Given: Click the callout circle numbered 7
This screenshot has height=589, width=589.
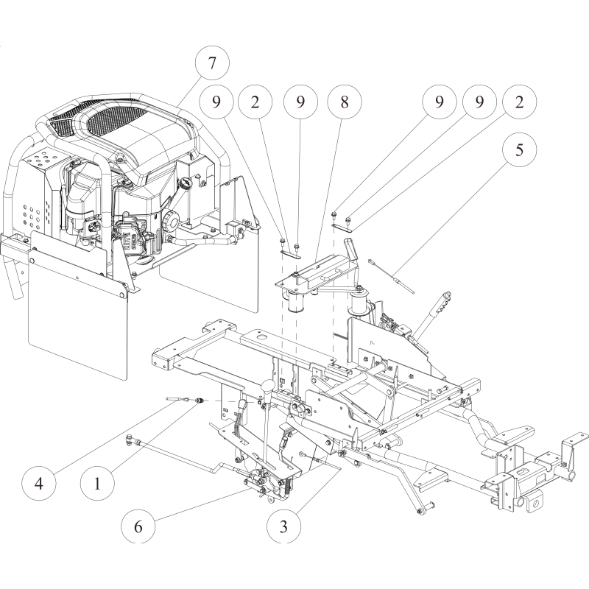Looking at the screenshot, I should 211,63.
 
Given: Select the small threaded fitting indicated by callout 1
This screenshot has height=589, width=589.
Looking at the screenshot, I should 197,401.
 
